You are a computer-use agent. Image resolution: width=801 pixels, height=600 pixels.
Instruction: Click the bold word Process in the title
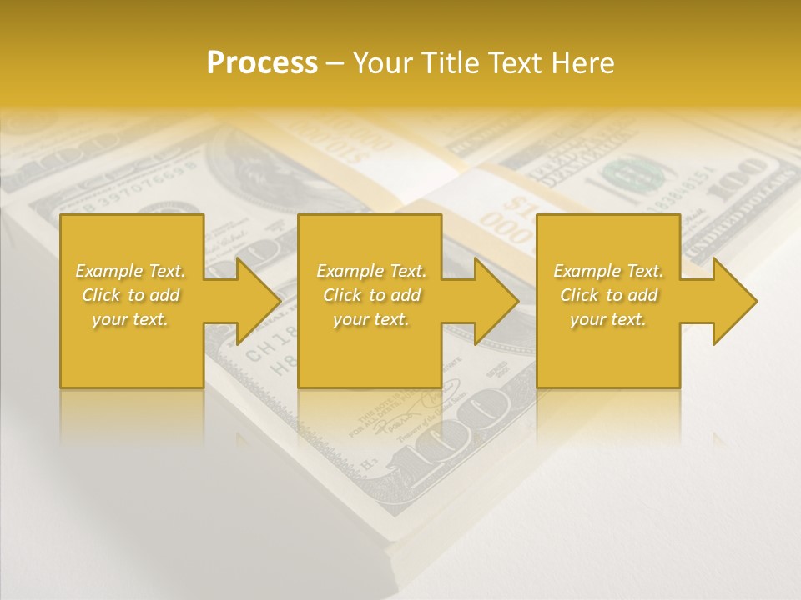tap(262, 62)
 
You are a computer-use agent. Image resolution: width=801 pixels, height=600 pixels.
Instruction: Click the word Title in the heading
tap(450, 63)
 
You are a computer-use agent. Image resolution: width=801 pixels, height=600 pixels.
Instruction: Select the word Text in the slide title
tap(516, 63)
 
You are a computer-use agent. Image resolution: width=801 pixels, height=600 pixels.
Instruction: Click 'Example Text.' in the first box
tap(130, 271)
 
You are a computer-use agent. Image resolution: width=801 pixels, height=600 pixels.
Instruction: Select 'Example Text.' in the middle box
tap(371, 271)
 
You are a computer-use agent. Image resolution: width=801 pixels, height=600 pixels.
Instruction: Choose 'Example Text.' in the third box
tap(608, 271)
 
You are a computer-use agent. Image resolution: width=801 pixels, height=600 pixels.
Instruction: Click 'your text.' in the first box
tap(130, 319)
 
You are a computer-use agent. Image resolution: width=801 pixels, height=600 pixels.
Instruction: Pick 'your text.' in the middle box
tap(371, 319)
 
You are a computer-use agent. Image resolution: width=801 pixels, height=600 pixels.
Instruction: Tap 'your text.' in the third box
tap(608, 319)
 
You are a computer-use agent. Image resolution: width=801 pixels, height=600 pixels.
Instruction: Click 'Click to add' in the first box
tap(130, 295)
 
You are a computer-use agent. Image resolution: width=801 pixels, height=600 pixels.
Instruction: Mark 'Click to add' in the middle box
tap(371, 295)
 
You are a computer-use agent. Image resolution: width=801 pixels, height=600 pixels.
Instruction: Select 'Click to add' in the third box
tap(608, 295)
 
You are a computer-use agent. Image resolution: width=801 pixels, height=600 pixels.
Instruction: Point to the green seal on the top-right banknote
tap(634, 175)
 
